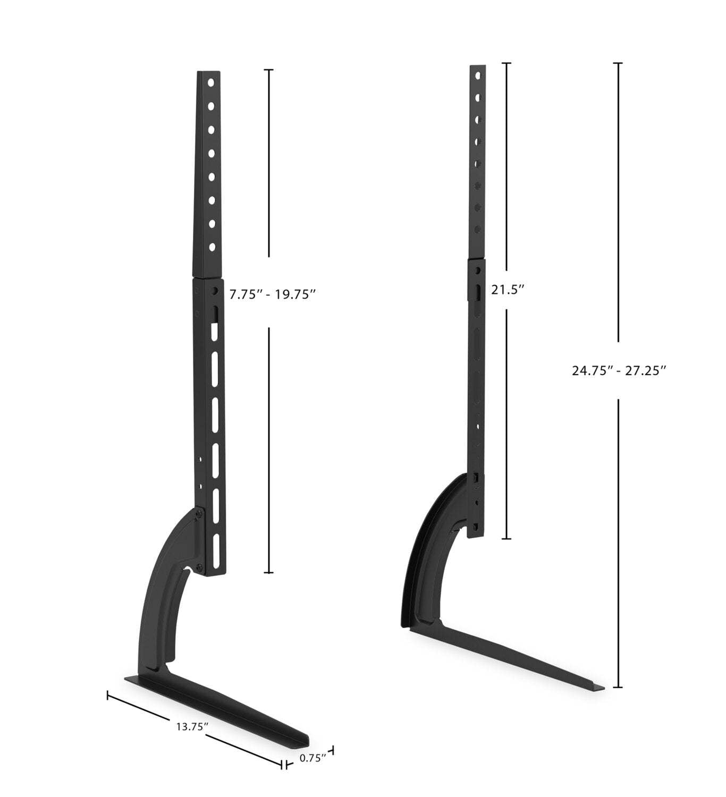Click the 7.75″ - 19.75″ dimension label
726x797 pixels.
tap(273, 294)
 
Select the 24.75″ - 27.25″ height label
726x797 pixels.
tap(619, 371)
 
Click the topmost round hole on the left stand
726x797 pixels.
tap(211, 83)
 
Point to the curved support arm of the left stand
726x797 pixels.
tap(162, 600)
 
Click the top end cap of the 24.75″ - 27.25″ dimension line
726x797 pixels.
tap(618, 63)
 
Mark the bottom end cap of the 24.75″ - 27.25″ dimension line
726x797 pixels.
tap(618, 687)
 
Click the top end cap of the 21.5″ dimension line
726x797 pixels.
tap(506, 63)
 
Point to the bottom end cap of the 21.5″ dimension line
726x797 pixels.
tap(506, 539)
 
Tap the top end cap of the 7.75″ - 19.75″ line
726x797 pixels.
tap(269, 70)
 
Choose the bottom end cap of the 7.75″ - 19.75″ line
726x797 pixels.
tap(269, 573)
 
